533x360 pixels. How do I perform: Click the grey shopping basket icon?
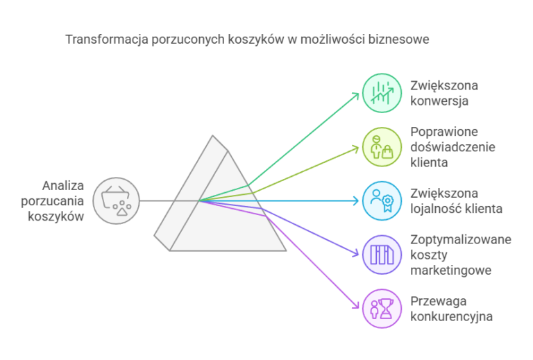click(x=117, y=200)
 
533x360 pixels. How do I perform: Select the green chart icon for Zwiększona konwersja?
click(x=382, y=93)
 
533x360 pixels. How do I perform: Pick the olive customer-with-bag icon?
click(x=382, y=147)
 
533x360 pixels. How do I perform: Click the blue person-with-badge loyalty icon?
click(x=382, y=200)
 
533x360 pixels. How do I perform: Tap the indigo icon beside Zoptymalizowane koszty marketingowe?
click(x=382, y=255)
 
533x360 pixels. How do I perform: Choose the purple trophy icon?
click(x=382, y=309)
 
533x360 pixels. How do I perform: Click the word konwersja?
click(x=439, y=101)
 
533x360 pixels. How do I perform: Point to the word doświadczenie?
click(x=452, y=147)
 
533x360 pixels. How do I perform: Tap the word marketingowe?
click(x=450, y=271)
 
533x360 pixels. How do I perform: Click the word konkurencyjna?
click(x=451, y=316)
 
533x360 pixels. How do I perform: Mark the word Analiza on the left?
click(x=63, y=186)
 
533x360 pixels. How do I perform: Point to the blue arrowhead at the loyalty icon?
click(x=357, y=200)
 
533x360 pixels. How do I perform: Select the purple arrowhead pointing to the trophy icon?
click(x=357, y=307)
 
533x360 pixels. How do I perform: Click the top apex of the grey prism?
click(x=213, y=135)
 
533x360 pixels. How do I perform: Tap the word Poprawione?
click(x=444, y=132)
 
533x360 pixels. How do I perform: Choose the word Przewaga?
click(x=438, y=301)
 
